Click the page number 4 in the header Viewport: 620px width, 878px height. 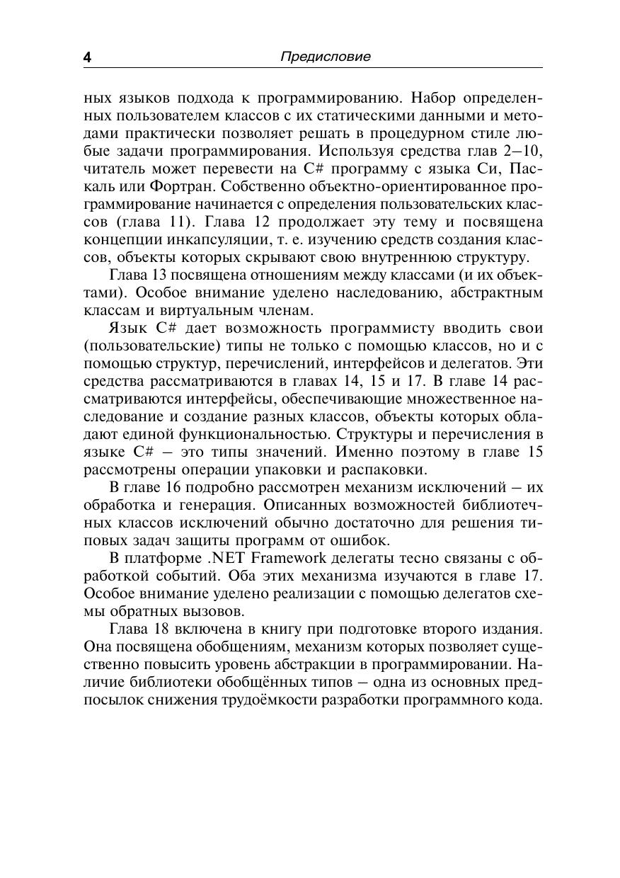[x=87, y=57]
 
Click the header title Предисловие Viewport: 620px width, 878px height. [x=325, y=57]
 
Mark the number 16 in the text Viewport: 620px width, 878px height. [x=178, y=488]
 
